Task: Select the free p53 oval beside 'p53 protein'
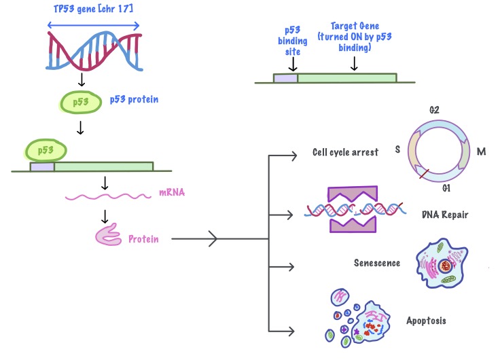tap(80, 103)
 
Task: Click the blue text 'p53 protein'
tap(135, 99)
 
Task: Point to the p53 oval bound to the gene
tap(46, 149)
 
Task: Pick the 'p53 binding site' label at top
tap(292, 40)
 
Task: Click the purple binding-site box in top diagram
tap(285, 78)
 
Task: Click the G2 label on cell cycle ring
tap(434, 109)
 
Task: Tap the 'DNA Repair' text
tap(444, 215)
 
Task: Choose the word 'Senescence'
tap(376, 263)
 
